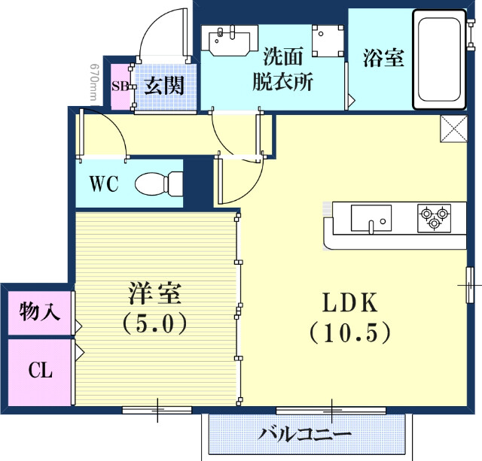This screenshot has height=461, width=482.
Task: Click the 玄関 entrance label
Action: [164, 85]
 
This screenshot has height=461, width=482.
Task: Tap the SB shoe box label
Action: [120, 85]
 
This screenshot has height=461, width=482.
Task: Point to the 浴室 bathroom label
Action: [383, 58]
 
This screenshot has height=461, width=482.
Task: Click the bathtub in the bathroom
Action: [438, 58]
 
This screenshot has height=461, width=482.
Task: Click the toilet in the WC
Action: [159, 183]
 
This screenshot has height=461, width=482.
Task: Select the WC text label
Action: [104, 184]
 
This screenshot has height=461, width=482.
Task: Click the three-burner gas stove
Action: [434, 217]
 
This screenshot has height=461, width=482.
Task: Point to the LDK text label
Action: [349, 302]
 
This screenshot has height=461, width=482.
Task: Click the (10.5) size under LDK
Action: [349, 331]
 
